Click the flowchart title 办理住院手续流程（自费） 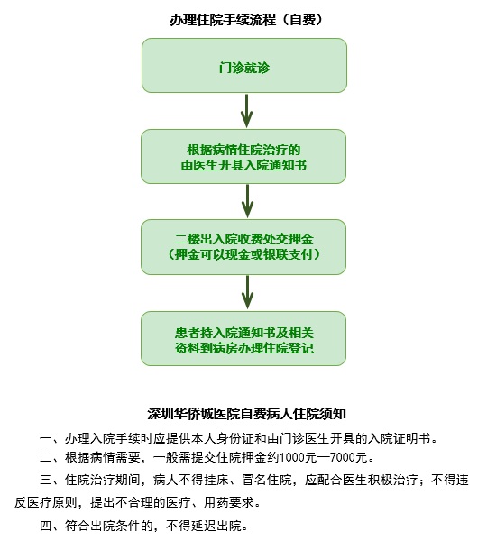click(x=246, y=20)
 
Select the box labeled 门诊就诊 click(x=244, y=65)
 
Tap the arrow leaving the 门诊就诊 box click(x=246, y=111)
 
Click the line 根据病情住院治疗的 click(x=243, y=150)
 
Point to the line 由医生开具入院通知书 click(x=243, y=165)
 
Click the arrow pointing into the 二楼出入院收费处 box click(x=247, y=201)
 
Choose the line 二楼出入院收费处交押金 click(x=243, y=239)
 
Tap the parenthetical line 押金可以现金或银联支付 click(x=243, y=254)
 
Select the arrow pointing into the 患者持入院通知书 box click(x=247, y=292)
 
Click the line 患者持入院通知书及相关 click(x=243, y=333)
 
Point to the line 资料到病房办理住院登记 click(x=243, y=348)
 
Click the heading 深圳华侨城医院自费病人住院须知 click(x=246, y=414)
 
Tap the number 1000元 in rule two click(x=298, y=457)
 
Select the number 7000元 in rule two click(x=348, y=457)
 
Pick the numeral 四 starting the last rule click(x=46, y=526)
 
